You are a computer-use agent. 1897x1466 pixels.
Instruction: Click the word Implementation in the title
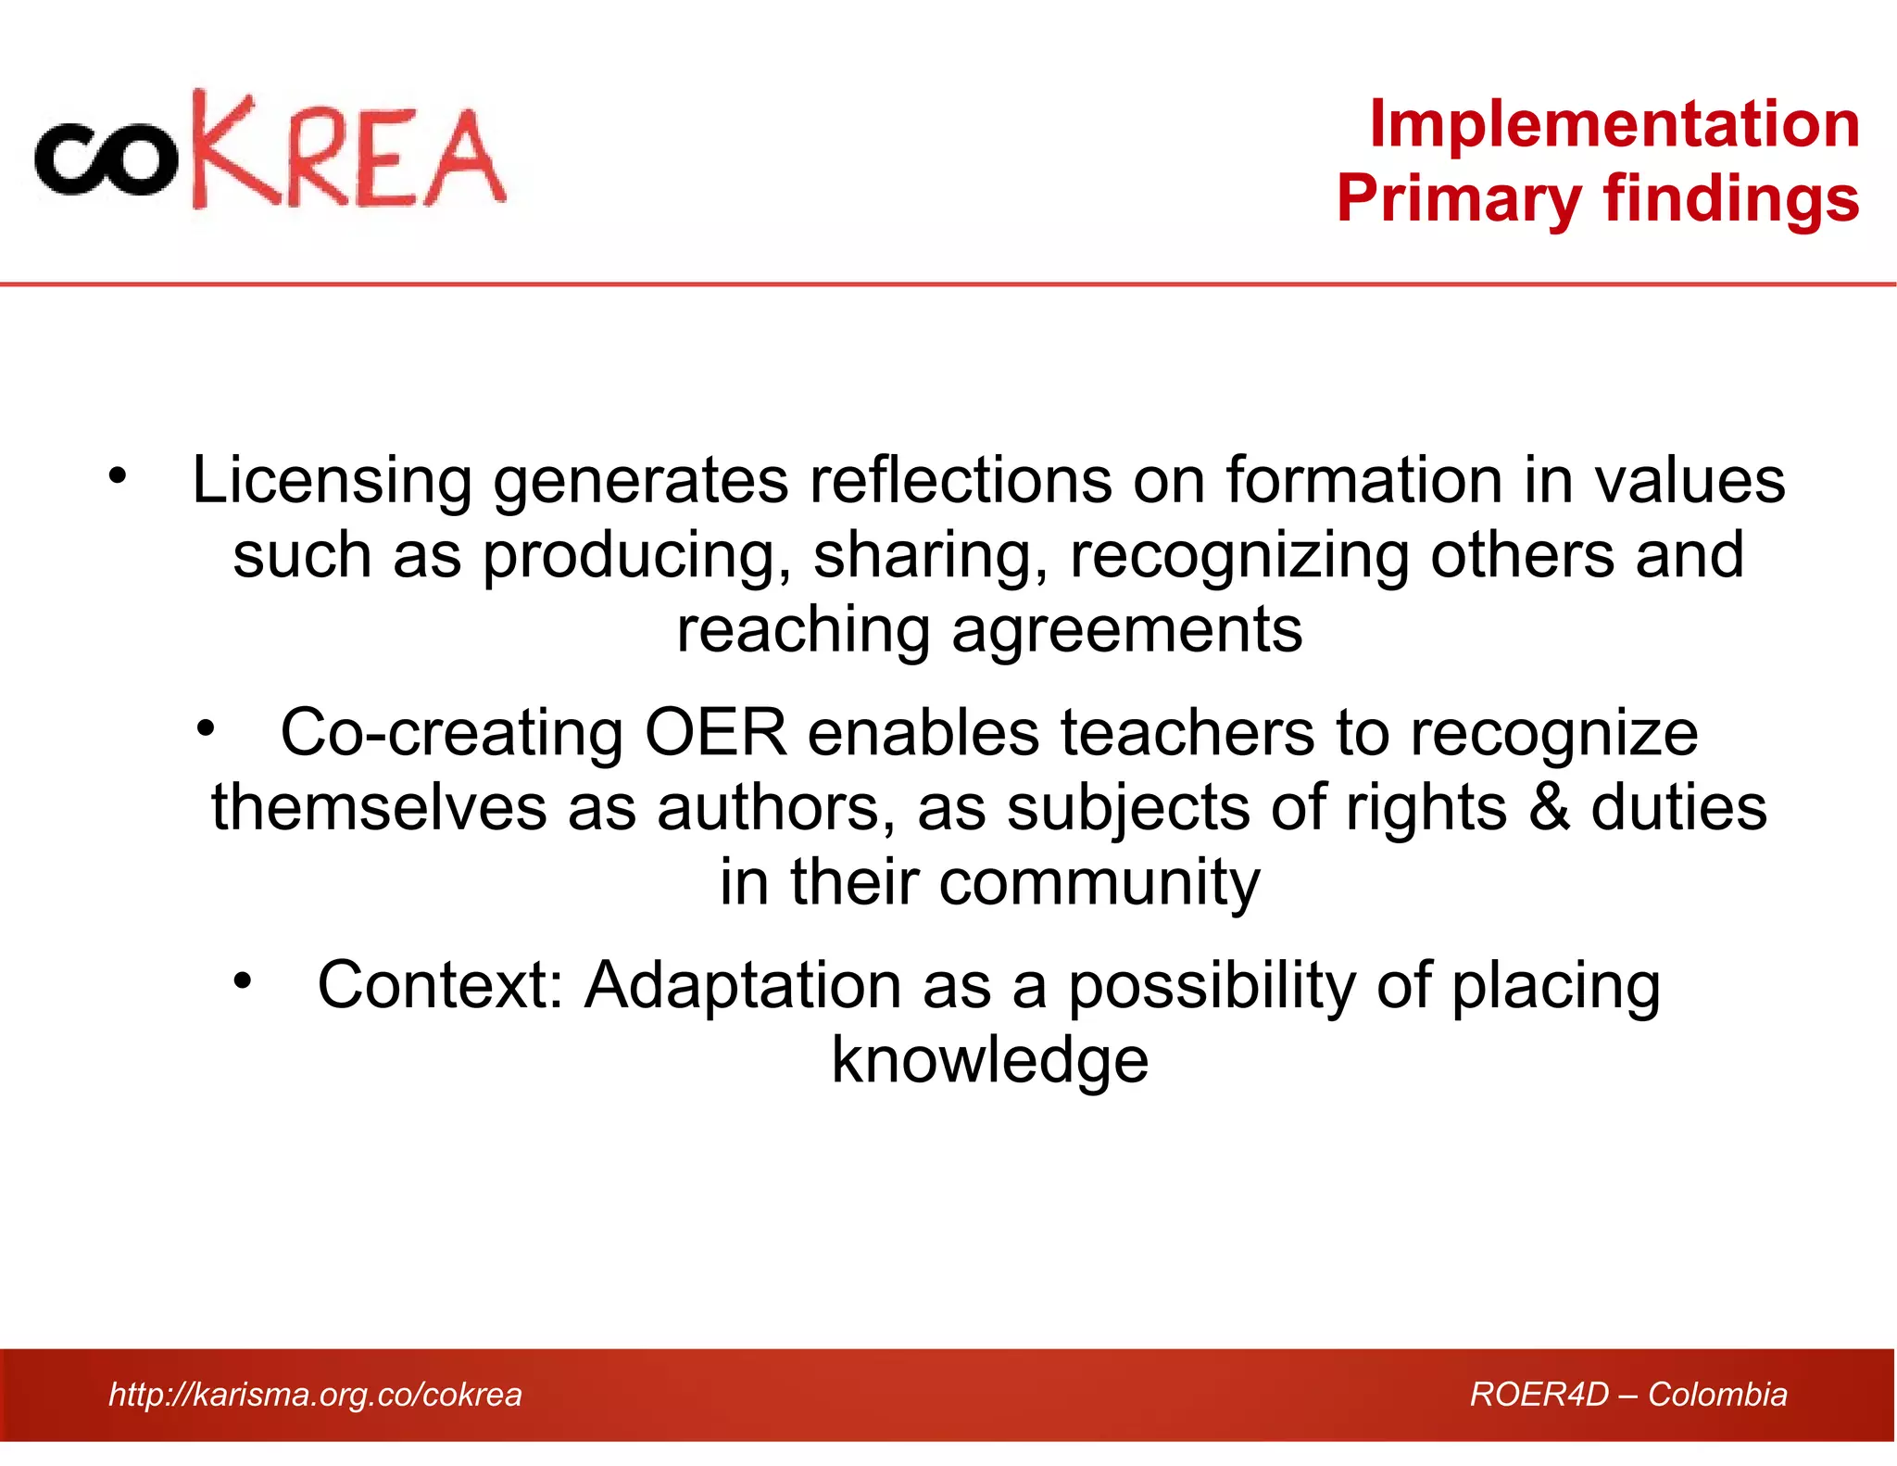tap(1614, 124)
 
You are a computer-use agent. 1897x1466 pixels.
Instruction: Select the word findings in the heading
tap(1731, 200)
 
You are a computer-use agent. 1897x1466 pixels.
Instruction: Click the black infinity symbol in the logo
tap(105, 160)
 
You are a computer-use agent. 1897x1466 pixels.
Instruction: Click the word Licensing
tap(331, 481)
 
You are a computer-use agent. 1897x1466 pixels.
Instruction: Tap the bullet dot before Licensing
tap(117, 475)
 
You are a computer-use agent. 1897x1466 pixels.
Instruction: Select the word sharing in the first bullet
tap(930, 556)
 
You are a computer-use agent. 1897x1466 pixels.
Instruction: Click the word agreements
tap(1126, 631)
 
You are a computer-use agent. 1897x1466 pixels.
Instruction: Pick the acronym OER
tap(715, 733)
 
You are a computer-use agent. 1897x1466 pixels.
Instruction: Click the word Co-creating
tap(451, 733)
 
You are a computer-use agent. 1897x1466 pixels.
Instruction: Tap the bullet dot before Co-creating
tap(205, 727)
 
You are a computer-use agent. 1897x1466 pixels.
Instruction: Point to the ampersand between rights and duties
tap(1549, 807)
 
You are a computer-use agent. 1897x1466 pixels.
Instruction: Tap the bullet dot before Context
tap(242, 979)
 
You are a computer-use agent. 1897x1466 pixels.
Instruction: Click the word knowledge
tap(989, 1060)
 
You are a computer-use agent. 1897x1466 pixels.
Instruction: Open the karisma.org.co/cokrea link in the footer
tap(315, 1395)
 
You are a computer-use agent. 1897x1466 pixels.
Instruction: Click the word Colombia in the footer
tap(1717, 1395)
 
